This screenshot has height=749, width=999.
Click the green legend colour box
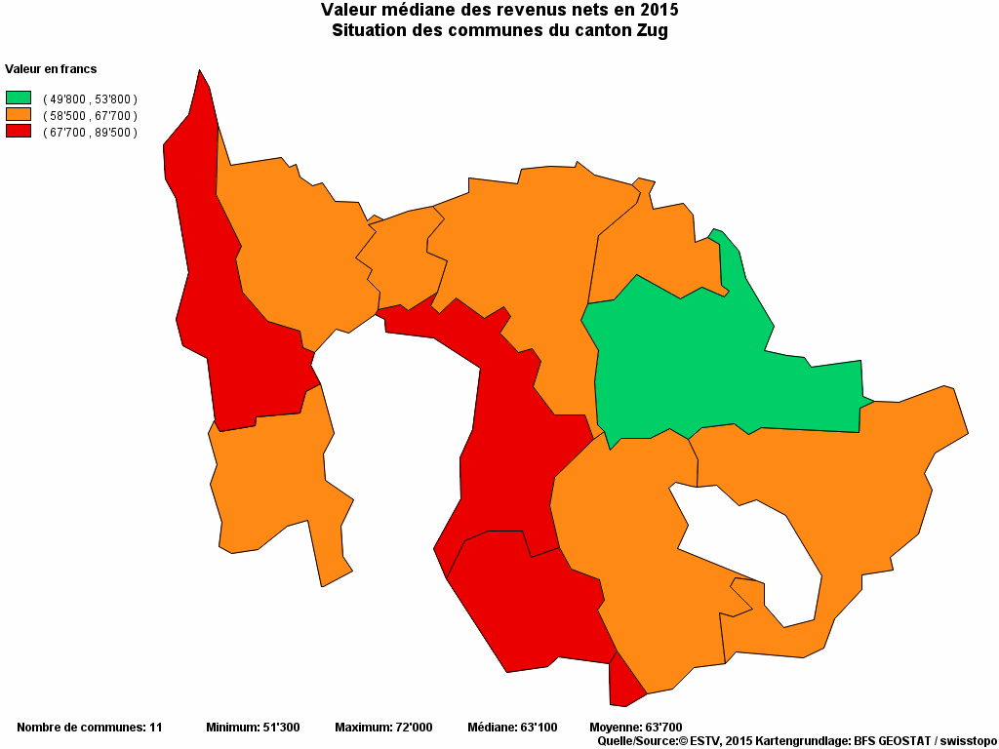coord(19,98)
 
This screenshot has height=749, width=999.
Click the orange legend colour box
coord(19,114)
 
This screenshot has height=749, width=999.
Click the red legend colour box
coord(19,131)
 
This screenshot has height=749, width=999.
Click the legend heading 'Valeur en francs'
coord(51,69)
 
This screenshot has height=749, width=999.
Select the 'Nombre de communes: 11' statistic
coord(90,728)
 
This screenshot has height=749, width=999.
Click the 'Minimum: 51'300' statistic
coord(253,728)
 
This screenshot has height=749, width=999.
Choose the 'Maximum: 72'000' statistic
coord(383,728)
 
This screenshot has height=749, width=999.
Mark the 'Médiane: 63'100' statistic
coord(512,728)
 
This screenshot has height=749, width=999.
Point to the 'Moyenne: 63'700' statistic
coord(636,728)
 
